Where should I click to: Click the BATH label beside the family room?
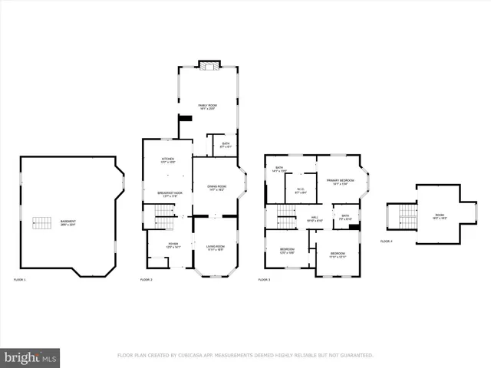tap(226, 145)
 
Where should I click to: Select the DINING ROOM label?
tap(216, 188)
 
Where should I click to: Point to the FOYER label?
tap(173, 245)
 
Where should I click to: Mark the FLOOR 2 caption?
tap(146, 280)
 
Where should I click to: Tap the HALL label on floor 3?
tap(315, 219)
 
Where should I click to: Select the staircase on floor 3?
tap(285, 216)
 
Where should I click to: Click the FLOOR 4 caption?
tap(386, 241)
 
